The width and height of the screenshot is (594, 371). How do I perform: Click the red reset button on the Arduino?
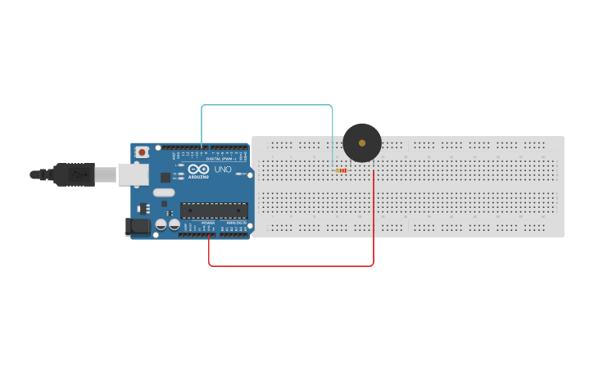pos(143,152)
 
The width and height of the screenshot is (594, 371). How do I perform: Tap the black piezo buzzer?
pos(362,143)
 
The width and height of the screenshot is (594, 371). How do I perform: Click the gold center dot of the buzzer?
pos(362,143)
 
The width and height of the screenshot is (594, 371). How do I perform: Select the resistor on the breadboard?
pos(342,170)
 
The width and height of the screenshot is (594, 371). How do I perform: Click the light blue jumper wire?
pos(266,105)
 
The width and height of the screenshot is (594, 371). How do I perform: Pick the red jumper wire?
pos(291,265)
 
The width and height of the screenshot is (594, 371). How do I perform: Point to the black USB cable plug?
pos(74,174)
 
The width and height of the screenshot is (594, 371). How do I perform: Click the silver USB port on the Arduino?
pos(134,174)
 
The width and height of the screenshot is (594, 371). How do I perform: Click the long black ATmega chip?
pos(214,210)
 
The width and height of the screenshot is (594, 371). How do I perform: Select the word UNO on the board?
pos(222,170)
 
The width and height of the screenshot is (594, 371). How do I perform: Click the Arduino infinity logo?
pos(199,170)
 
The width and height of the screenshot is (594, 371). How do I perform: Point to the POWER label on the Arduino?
pos(208,222)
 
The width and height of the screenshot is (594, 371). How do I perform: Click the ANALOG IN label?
pos(236,222)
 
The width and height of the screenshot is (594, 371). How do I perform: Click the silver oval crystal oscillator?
pos(164,192)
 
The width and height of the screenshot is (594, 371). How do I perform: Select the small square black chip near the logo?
pos(166,177)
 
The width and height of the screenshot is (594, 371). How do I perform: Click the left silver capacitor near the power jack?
pos(161,224)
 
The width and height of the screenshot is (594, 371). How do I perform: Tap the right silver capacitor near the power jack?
pos(174,224)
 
